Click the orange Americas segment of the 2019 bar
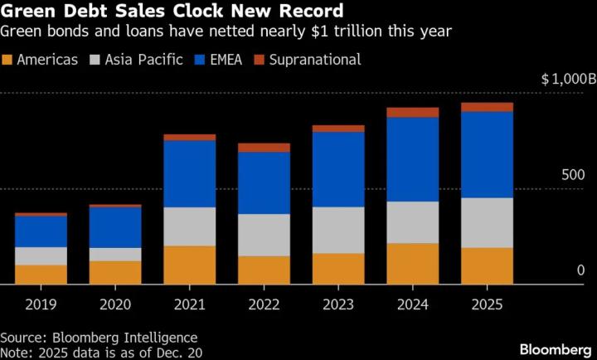41,275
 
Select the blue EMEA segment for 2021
189,173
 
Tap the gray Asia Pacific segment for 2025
487,222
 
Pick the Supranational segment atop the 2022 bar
264,148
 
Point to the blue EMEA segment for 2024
412,159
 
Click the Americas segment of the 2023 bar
338,269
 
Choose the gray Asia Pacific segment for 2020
115,254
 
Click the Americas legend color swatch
8,60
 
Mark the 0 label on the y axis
580,270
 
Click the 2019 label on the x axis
41,304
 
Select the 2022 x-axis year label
264,304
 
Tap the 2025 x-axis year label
487,304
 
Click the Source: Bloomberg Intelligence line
99,337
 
